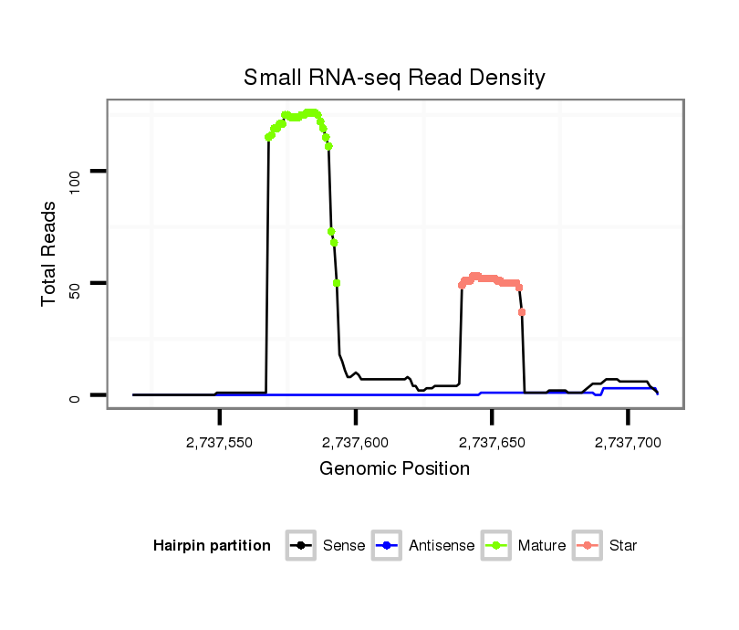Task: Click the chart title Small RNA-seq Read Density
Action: click(x=394, y=78)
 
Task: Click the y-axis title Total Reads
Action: click(x=50, y=253)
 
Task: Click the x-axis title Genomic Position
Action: click(x=394, y=469)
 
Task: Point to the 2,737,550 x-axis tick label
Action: click(x=219, y=442)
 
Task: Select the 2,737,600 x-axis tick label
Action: click(x=356, y=442)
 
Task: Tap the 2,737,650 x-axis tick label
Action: click(x=492, y=442)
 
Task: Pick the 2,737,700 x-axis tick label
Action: click(x=628, y=442)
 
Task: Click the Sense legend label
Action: click(x=344, y=546)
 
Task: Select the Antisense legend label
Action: click(x=442, y=546)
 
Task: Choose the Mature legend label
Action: click(x=542, y=546)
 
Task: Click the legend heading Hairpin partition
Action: click(x=212, y=546)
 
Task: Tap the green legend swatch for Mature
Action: click(x=495, y=546)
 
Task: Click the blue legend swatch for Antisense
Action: click(x=387, y=546)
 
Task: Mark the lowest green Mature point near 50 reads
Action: click(x=337, y=283)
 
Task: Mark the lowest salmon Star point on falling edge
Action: click(x=522, y=312)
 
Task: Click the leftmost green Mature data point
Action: click(x=268, y=137)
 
